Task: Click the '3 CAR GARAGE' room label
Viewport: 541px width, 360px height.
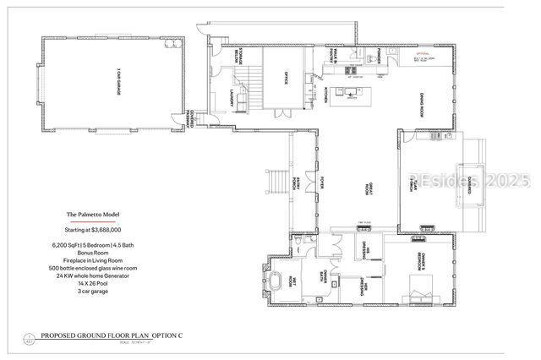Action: [117, 85]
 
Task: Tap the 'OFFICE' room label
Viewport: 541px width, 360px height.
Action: [286, 81]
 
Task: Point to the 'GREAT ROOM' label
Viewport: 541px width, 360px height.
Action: [368, 188]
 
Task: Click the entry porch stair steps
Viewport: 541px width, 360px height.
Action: [275, 181]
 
